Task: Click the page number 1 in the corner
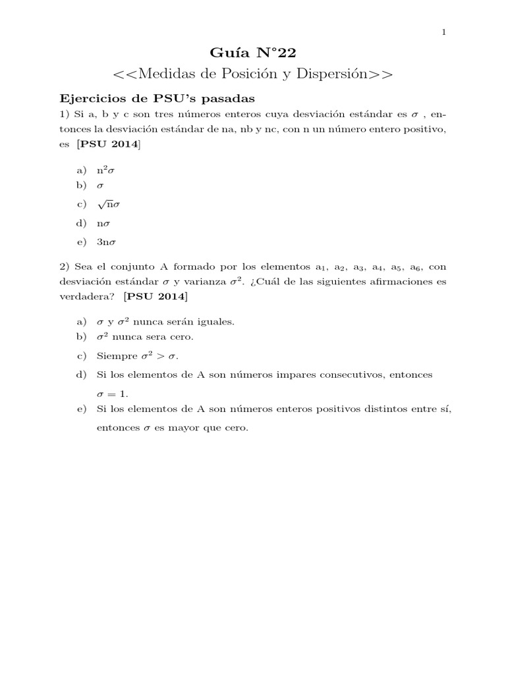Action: (444, 32)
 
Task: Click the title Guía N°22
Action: (253, 53)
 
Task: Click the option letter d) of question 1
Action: (82, 224)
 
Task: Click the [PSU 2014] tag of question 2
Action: (155, 297)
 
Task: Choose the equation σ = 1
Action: (112, 393)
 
